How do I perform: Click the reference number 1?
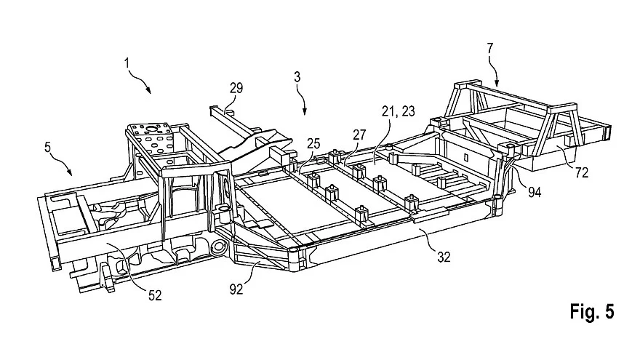click(x=127, y=63)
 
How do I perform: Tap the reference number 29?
click(x=236, y=88)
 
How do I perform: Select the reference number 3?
click(x=297, y=77)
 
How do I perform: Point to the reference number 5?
click(x=48, y=147)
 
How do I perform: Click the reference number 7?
click(x=490, y=49)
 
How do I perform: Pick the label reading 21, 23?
click(x=399, y=111)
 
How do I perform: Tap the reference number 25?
click(x=314, y=143)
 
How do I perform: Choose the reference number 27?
click(x=359, y=135)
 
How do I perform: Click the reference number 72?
click(x=582, y=172)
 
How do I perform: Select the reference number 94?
click(x=535, y=192)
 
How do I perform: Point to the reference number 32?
click(x=444, y=257)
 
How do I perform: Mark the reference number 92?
click(x=236, y=289)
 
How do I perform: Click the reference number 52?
click(x=155, y=295)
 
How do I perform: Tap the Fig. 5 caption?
click(x=592, y=311)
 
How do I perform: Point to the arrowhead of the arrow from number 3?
click(x=305, y=111)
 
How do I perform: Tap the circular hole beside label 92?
click(x=218, y=247)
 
